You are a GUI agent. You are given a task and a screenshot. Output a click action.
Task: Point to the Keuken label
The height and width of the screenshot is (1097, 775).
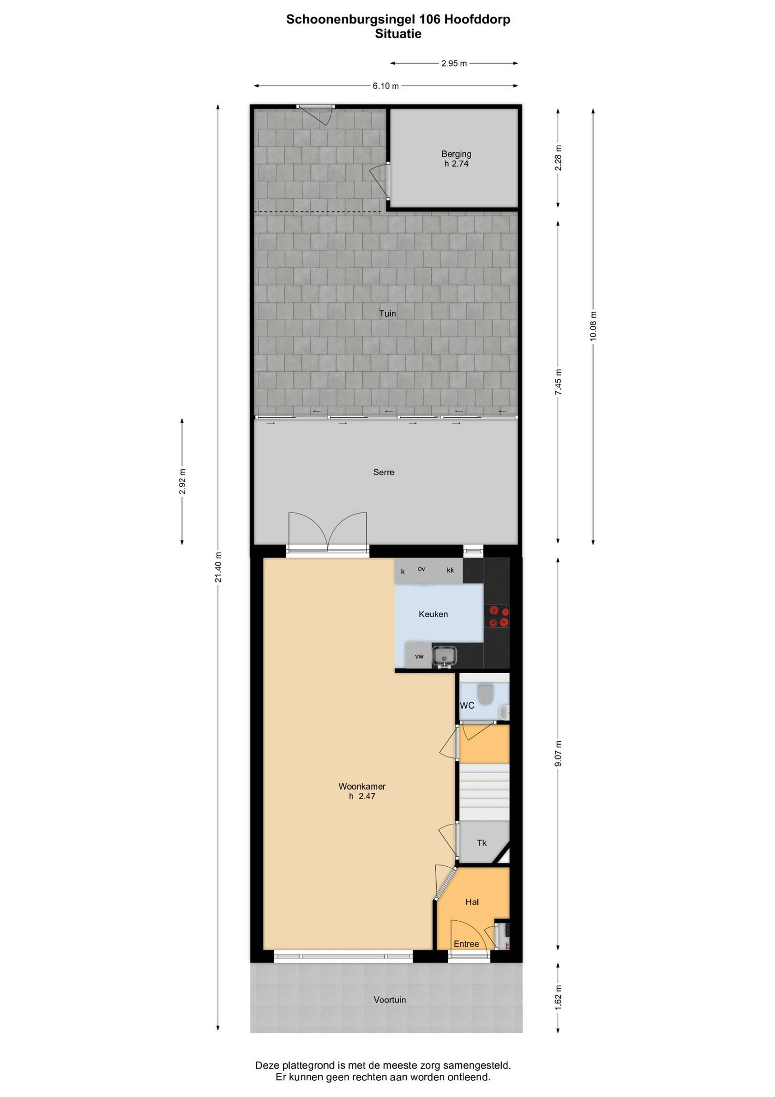[x=433, y=614]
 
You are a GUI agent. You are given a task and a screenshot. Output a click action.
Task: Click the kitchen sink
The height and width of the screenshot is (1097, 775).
[x=444, y=656]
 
